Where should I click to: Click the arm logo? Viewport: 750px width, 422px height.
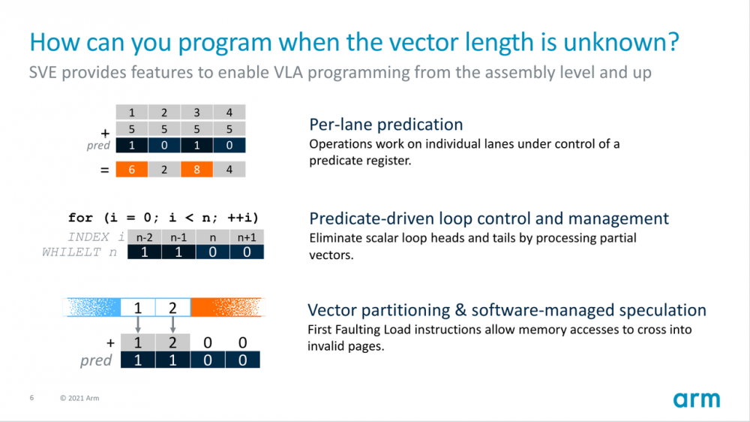click(x=696, y=399)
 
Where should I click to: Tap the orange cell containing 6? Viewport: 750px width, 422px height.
click(x=132, y=170)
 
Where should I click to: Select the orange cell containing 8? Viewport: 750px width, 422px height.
click(x=196, y=170)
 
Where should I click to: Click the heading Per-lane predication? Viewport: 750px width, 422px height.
click(x=385, y=125)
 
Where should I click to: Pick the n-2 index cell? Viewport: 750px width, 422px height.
click(x=144, y=238)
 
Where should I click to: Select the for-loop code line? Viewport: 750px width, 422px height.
click(x=163, y=218)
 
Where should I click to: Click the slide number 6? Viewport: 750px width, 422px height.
click(x=31, y=398)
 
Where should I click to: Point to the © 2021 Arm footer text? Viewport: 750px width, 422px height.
click(x=79, y=398)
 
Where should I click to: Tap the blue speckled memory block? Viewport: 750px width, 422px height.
click(x=93, y=307)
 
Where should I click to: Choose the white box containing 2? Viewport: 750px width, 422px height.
click(x=173, y=307)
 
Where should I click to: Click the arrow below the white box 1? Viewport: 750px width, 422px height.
click(x=138, y=324)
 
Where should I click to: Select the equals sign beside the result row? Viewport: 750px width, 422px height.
click(x=105, y=170)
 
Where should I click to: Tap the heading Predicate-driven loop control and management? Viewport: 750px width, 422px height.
click(x=489, y=219)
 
